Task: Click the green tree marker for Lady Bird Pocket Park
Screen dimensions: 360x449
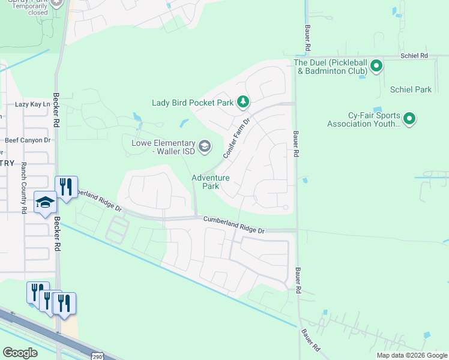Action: tap(243, 102)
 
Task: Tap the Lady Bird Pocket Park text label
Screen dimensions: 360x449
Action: tap(192, 103)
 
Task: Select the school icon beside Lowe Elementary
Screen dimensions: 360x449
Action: tap(204, 146)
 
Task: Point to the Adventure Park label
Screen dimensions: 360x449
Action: tap(210, 182)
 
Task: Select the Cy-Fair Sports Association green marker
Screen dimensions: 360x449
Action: tap(409, 119)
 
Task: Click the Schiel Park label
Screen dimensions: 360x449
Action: tap(411, 90)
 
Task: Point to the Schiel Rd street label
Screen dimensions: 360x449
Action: tap(415, 56)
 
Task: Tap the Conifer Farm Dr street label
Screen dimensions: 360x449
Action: tap(236, 138)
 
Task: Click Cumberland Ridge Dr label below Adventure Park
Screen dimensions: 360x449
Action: tap(234, 225)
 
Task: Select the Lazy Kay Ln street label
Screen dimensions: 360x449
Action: tap(32, 104)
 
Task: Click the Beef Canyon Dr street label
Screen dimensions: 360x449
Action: tap(28, 140)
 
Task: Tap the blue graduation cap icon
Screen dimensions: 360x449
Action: tap(45, 204)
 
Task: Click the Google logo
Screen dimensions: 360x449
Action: tap(20, 353)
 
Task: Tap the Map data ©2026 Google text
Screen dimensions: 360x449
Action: tap(412, 355)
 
